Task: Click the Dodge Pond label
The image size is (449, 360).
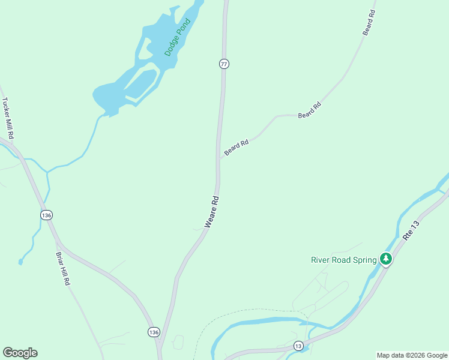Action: [177, 37]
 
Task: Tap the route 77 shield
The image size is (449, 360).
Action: [224, 64]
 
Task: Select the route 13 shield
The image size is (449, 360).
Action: [298, 346]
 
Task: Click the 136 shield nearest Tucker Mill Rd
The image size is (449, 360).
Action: [47, 215]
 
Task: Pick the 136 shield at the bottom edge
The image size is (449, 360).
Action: [154, 332]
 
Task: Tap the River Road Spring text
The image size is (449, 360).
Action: [343, 260]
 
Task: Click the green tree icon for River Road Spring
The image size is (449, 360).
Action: [386, 259]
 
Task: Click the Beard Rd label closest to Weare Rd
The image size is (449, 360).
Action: [236, 148]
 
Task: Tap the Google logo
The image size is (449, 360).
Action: [20, 353]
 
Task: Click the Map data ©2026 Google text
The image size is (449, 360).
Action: [412, 355]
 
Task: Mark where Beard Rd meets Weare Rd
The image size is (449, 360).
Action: [218, 159]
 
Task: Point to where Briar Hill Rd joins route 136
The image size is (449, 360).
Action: [58, 242]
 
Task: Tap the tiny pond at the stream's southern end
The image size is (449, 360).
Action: [20, 262]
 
